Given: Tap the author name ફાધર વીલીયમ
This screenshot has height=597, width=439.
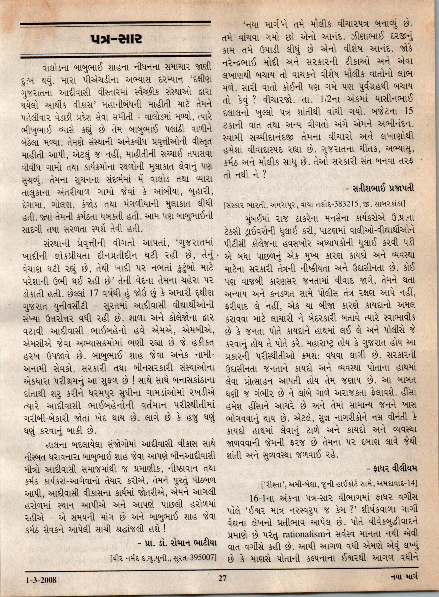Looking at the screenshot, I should pyautogui.click(x=393, y=468).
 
